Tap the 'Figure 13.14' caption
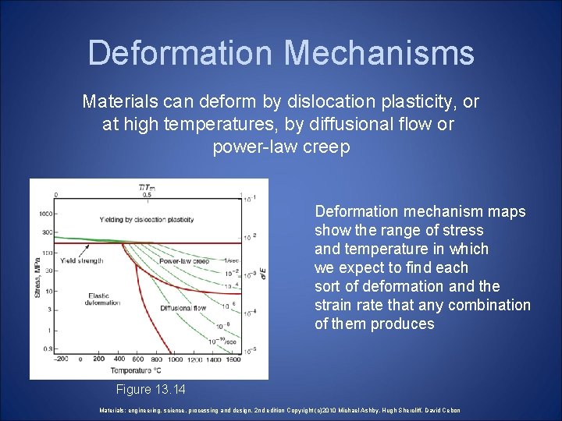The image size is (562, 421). tap(151, 389)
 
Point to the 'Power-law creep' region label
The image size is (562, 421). tap(183, 260)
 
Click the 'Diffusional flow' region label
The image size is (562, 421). tap(183, 307)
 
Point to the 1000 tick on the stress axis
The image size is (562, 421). tap(48, 213)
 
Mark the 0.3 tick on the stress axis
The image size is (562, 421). tap(48, 348)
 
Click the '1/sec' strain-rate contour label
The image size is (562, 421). tap(231, 260)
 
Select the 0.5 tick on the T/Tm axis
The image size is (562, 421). tap(145, 196)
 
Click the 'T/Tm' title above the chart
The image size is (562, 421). tap(146, 187)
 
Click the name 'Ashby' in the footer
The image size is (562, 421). tap(357, 410)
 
